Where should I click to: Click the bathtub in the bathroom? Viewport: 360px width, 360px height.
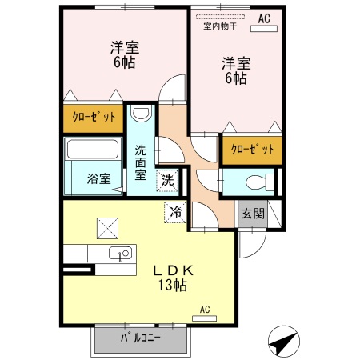92,148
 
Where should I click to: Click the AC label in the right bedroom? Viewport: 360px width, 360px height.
263,17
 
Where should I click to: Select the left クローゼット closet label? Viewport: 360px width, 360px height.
94,118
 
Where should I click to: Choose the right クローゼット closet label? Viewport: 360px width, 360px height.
252,149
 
